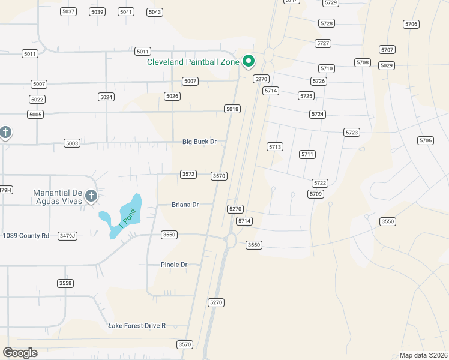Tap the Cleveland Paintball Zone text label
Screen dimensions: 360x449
pos(193,61)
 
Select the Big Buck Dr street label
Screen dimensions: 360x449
pos(199,142)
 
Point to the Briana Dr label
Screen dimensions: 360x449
pos(185,205)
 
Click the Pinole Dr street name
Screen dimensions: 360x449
pos(174,265)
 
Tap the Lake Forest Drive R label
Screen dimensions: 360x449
pos(137,326)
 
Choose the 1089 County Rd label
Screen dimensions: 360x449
pos(26,236)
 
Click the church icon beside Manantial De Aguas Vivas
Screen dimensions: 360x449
pos(91,196)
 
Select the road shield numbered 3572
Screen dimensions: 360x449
pos(188,174)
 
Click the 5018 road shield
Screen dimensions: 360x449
pos(232,109)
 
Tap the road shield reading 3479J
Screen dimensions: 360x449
pos(68,236)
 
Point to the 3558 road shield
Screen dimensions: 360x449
pos(65,283)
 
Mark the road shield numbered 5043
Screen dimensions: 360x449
pos(155,12)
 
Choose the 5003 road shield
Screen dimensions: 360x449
pos(72,143)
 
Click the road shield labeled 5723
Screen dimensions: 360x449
pos(352,132)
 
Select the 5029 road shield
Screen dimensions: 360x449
pos(387,65)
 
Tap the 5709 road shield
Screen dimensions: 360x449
pos(316,194)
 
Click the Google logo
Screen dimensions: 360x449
pos(20,353)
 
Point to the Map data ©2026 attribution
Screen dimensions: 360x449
pos(423,355)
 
